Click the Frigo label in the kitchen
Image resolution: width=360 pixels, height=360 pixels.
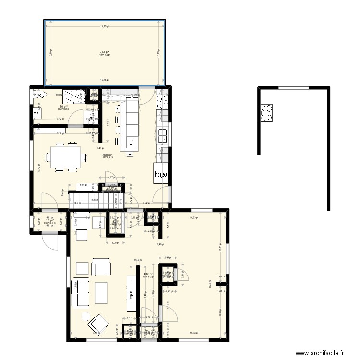[x=160, y=174]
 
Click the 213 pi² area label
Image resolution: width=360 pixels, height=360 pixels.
[x=104, y=52]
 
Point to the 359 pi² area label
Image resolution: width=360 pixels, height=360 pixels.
[x=105, y=154]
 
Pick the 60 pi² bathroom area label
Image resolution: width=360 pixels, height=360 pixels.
[x=63, y=107]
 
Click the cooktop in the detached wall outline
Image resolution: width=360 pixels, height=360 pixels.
[x=267, y=113]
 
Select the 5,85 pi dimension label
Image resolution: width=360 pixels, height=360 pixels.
[x=83, y=184]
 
